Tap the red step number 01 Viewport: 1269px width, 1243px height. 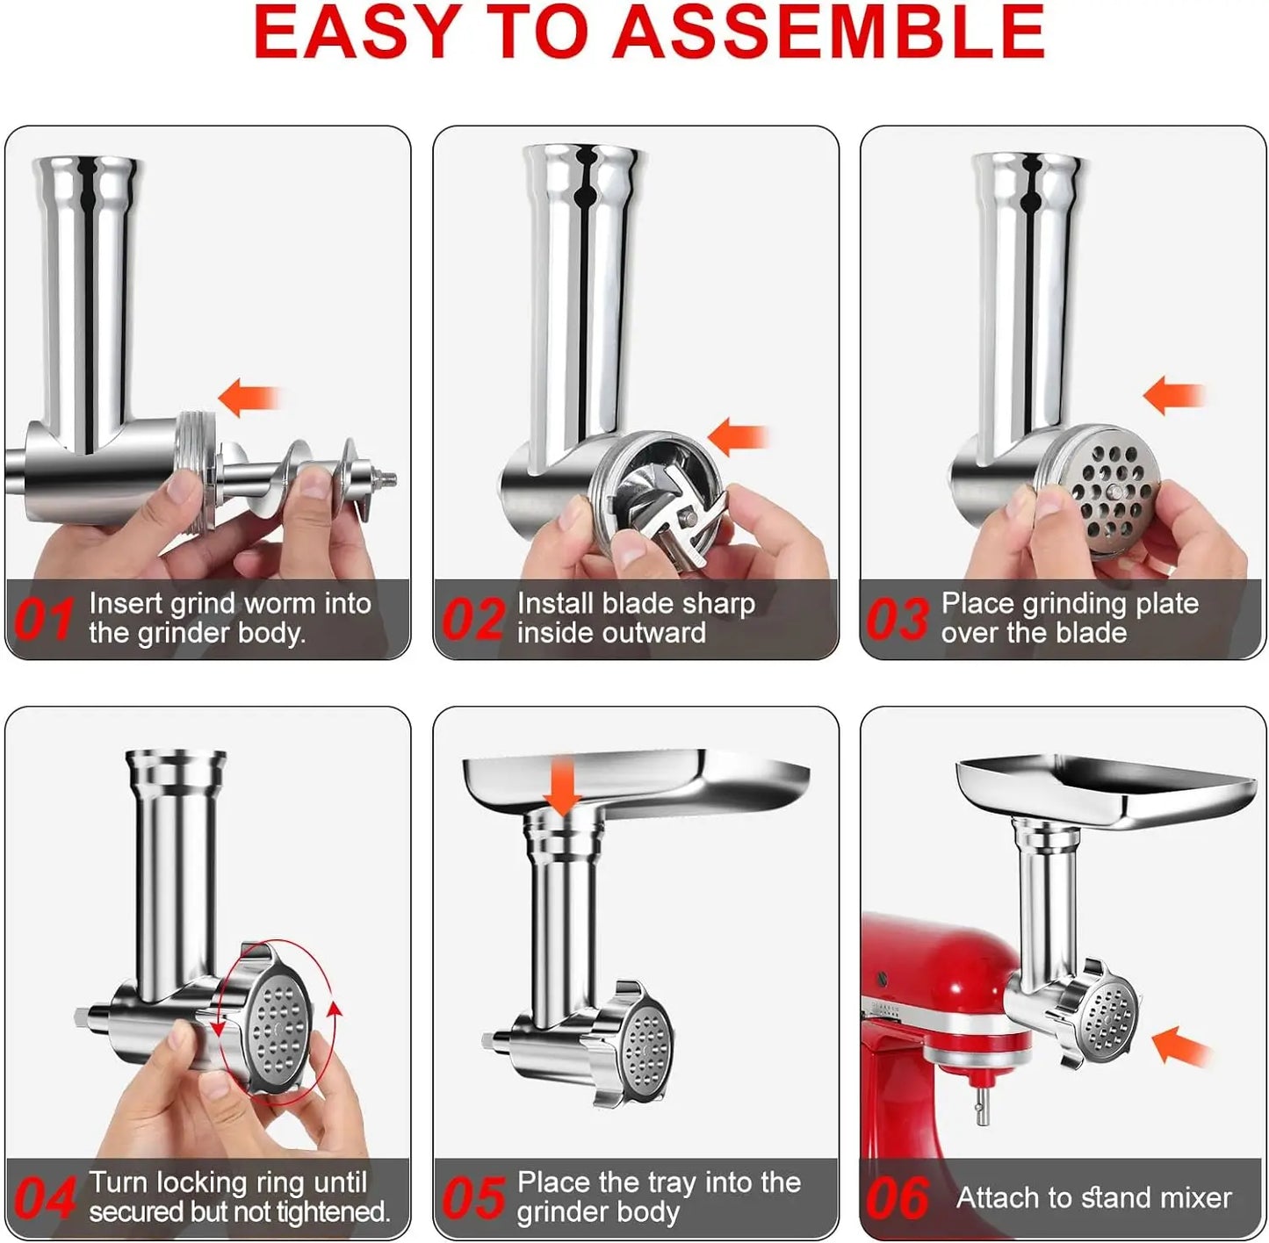coord(44,619)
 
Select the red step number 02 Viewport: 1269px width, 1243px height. coord(472,619)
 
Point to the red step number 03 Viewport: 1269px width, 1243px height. coord(897,619)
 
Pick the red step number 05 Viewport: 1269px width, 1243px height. coord(472,1198)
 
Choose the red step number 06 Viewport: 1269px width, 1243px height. coord(897,1198)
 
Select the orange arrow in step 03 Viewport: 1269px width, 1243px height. coord(1172,395)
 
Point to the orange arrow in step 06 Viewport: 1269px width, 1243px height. coord(1179,1046)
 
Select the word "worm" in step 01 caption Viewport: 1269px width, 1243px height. coord(280,604)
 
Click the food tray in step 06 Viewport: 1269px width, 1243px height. coord(1107,790)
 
